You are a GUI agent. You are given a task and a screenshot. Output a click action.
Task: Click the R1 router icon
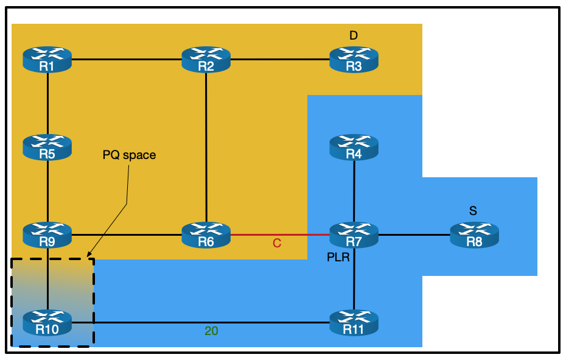coord(47,60)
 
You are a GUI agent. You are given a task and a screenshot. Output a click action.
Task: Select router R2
coord(206,60)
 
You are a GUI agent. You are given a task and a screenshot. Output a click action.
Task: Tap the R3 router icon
coord(354,60)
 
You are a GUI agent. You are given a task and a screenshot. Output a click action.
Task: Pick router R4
coord(354,147)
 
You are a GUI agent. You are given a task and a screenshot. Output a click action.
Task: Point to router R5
coord(47,147)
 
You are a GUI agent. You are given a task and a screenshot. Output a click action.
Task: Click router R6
coord(206,235)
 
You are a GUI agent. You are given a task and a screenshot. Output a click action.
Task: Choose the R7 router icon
coord(354,235)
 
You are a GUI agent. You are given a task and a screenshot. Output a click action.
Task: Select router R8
coord(474,235)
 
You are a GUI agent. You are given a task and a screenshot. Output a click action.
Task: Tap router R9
coord(47,235)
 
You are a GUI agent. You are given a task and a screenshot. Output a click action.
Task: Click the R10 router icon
coord(47,322)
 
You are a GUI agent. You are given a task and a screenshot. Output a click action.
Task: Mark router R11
coord(354,322)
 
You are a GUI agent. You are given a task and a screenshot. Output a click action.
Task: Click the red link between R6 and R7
coord(280,235)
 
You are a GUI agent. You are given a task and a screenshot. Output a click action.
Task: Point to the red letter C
coord(277,244)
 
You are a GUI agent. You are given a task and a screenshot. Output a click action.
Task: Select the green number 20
coord(211,331)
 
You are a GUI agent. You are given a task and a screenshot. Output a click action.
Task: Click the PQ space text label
coord(129,155)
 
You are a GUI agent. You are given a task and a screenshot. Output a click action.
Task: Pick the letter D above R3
coord(354,36)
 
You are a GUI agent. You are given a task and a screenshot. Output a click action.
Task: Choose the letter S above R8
coord(473,211)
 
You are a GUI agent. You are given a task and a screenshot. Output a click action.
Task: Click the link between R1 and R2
coord(127,60)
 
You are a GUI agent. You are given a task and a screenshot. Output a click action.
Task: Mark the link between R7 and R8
coord(414,235)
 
